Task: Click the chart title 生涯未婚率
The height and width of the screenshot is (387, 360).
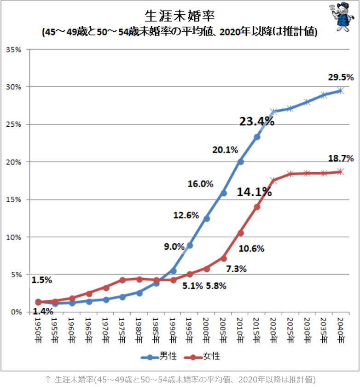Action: click(x=180, y=16)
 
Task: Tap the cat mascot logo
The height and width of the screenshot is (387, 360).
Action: click(x=342, y=17)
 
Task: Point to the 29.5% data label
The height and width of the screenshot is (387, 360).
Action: click(x=341, y=77)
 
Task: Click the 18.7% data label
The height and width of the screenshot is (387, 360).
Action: click(x=341, y=158)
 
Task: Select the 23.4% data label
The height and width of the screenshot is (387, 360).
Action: click(x=257, y=121)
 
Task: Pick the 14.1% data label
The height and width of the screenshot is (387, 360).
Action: click(x=254, y=192)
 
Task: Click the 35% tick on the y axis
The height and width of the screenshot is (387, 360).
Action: click(x=13, y=50)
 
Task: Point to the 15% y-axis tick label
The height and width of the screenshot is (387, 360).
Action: click(x=13, y=199)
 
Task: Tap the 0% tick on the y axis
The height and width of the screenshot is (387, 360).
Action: click(x=16, y=312)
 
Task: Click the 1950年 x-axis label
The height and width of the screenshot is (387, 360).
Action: click(x=38, y=330)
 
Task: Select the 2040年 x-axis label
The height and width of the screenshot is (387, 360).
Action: click(x=341, y=330)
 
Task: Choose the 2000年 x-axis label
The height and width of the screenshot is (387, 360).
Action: click(x=206, y=330)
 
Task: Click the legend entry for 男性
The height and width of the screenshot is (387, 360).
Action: click(x=159, y=356)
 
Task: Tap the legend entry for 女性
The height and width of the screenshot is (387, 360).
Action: click(x=202, y=356)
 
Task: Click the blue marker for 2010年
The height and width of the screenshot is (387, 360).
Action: click(x=240, y=162)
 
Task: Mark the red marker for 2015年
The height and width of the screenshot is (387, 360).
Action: click(x=257, y=207)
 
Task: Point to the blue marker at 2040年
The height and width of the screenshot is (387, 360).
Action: click(x=341, y=91)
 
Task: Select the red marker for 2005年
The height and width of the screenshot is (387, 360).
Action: click(x=223, y=258)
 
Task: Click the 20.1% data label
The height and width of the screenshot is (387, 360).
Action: click(x=225, y=150)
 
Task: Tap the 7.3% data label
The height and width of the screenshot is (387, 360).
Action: click(x=236, y=269)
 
